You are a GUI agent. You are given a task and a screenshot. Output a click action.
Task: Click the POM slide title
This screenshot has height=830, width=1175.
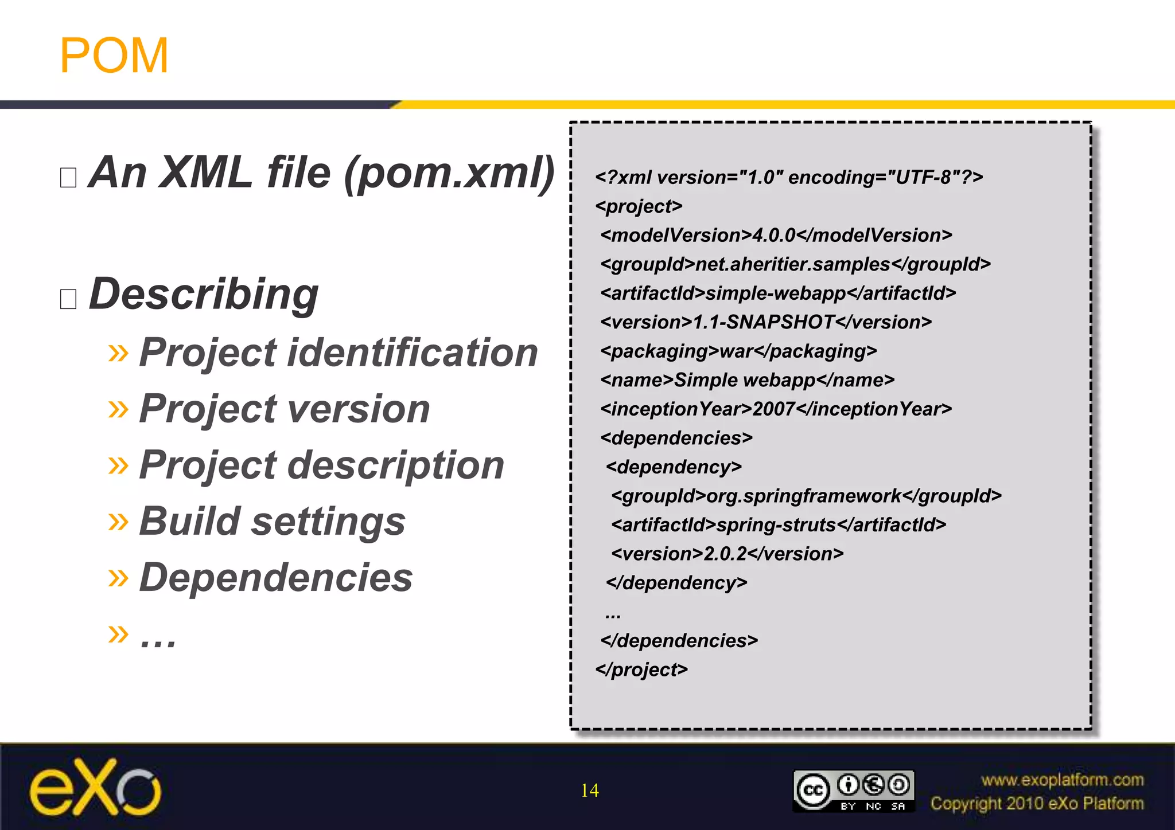(x=114, y=56)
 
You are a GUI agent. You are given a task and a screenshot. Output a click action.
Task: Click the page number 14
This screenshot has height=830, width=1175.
(x=589, y=790)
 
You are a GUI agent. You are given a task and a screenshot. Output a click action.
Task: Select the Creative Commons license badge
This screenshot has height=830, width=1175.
(x=853, y=791)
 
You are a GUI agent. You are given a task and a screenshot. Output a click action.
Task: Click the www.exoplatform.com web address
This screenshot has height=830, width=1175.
(x=1062, y=780)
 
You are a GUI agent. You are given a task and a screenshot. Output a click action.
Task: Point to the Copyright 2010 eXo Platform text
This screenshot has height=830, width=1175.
(x=1037, y=804)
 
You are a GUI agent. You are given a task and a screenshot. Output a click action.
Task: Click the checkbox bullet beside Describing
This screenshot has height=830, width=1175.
(x=68, y=299)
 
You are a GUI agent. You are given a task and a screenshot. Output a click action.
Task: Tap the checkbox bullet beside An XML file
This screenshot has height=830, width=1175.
(x=68, y=178)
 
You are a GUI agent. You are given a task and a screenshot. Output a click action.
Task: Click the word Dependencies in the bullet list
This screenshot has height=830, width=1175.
(x=276, y=577)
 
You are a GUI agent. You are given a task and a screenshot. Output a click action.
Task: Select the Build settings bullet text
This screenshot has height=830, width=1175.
(x=273, y=522)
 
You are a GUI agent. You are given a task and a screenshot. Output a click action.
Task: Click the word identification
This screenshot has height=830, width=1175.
(x=413, y=352)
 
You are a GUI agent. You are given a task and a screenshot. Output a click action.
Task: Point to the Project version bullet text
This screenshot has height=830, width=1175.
(x=285, y=409)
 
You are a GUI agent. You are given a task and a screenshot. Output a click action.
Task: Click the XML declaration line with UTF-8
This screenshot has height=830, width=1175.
(x=789, y=178)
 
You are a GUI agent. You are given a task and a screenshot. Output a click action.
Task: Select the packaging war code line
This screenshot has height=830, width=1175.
(x=738, y=351)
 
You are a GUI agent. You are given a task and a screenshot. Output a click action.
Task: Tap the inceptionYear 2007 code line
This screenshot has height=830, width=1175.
(x=776, y=409)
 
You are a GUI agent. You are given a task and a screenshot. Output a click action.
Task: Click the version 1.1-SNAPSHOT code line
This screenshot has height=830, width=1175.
(x=766, y=322)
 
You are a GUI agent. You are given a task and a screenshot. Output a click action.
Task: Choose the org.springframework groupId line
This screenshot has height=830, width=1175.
(x=806, y=496)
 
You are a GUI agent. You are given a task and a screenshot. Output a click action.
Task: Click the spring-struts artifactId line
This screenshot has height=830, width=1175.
(x=779, y=525)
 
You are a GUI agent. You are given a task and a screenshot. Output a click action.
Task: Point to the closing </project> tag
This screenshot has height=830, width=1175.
(x=641, y=670)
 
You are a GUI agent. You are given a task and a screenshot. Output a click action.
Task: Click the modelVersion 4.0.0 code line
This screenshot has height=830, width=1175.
(x=776, y=236)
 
